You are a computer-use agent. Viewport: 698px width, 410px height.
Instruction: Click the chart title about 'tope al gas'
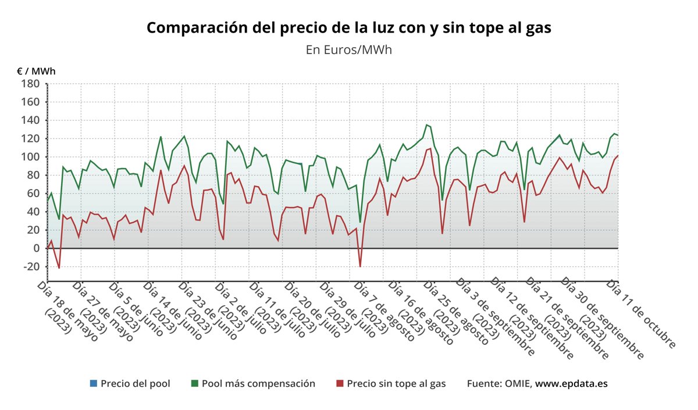[348, 28]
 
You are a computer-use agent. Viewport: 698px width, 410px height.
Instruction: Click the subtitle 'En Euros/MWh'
[348, 49]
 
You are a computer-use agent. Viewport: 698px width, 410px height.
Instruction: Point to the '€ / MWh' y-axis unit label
[36, 72]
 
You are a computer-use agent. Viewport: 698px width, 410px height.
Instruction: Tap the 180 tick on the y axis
[30, 84]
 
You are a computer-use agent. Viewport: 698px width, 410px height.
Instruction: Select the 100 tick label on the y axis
[30, 157]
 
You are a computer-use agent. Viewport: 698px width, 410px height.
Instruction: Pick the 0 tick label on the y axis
[35, 248]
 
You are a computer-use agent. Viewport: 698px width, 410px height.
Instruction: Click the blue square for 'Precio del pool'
[94, 384]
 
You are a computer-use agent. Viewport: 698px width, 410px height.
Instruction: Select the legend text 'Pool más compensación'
[258, 384]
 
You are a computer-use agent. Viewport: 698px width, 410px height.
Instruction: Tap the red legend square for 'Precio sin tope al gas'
[340, 384]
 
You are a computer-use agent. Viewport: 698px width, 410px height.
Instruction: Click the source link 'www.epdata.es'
[571, 384]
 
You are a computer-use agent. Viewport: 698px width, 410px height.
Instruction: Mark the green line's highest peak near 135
[427, 124]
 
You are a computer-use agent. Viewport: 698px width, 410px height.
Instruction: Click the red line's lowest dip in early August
[360, 266]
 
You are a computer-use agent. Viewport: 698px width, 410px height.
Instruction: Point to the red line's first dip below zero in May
[59, 268]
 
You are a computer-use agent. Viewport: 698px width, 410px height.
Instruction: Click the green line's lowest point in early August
[360, 222]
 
